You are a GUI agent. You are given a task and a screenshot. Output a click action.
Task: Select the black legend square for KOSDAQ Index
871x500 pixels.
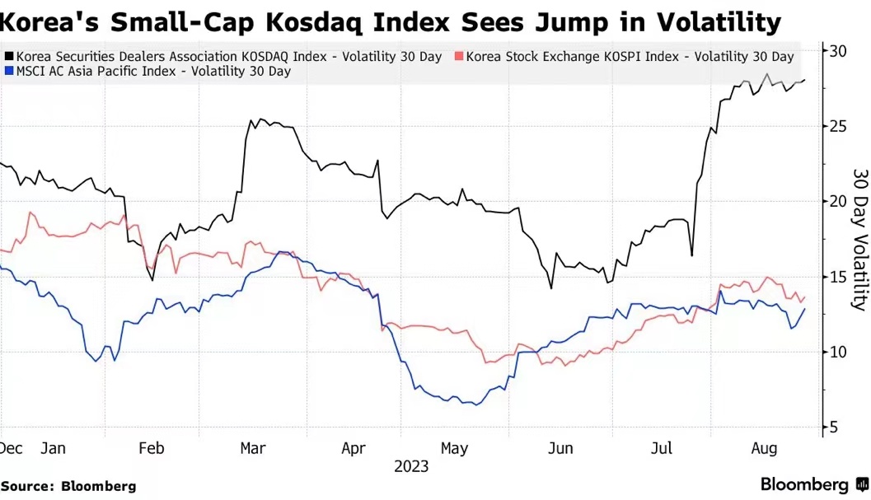coord(9,57)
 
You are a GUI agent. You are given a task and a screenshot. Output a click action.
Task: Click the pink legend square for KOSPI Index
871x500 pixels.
coord(459,57)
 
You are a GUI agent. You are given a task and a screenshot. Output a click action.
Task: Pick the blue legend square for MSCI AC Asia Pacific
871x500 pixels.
coord(9,72)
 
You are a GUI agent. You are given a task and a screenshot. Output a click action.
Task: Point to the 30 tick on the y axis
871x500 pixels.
coord(838,51)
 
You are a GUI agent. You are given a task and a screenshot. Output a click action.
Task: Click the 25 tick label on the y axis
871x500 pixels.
coord(838,126)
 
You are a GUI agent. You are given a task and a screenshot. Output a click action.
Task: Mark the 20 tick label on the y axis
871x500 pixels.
coord(838,201)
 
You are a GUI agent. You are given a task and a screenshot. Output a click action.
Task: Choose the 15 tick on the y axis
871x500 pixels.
coord(838,277)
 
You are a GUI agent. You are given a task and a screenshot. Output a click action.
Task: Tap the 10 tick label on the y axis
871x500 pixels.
coord(838,352)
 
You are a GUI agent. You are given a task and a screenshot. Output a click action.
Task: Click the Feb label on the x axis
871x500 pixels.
coord(152,449)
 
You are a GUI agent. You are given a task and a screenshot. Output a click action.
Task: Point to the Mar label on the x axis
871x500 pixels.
coord(253,449)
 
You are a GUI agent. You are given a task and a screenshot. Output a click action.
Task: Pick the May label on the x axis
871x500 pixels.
coord(455,449)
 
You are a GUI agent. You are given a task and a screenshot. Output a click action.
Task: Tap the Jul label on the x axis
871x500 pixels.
coord(662,449)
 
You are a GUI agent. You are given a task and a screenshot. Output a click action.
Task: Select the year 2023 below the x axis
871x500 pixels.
coord(411,467)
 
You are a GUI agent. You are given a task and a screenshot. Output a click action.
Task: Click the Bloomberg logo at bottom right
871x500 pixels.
coord(811,484)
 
